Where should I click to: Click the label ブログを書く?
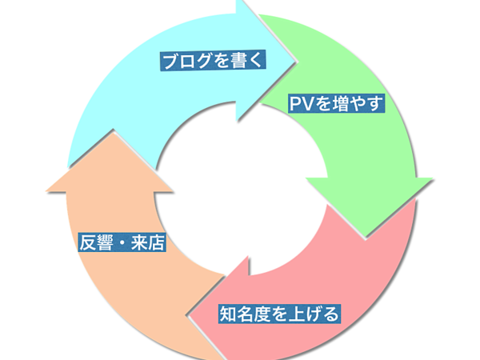pos(212,61)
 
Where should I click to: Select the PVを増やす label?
pos(336,103)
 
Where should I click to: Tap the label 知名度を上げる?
pos(278,313)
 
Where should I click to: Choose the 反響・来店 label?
pos(122,242)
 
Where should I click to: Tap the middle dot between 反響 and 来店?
pos(122,243)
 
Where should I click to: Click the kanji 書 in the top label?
pos(239,61)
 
